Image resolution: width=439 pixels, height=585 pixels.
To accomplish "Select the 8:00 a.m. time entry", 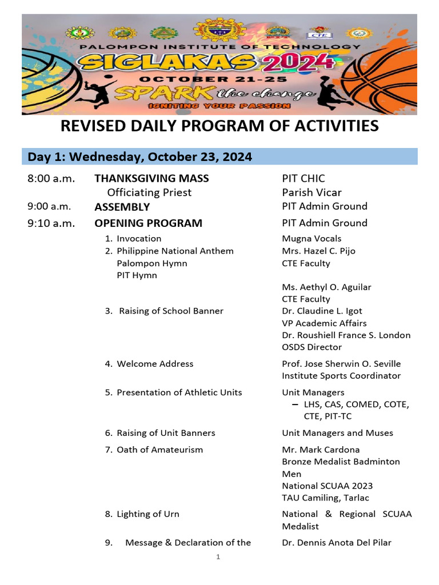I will (x=51, y=178).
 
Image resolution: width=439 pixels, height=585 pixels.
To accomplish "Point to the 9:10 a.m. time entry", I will (x=51, y=223).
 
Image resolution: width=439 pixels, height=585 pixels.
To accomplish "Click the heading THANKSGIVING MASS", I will (x=151, y=178).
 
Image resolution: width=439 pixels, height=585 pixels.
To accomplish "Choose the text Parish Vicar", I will (x=312, y=193).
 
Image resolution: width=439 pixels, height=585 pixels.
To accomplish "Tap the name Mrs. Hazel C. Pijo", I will (x=318, y=251).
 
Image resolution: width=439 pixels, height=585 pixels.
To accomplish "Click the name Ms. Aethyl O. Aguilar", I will (x=326, y=287).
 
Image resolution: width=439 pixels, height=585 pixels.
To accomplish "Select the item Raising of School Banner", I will (x=171, y=311).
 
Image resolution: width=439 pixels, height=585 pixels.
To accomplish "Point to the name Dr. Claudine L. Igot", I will (x=322, y=311).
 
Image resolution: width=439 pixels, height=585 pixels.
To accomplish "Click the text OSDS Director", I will (x=312, y=347).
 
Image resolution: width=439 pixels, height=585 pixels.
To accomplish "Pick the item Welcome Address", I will (x=155, y=363).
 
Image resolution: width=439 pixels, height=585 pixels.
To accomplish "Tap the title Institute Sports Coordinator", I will (x=341, y=375).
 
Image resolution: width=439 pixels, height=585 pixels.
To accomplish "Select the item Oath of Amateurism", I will (x=159, y=450).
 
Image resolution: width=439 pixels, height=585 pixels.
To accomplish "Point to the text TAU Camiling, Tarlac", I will (x=325, y=498).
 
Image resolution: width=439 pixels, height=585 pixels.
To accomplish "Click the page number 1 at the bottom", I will (x=218, y=557).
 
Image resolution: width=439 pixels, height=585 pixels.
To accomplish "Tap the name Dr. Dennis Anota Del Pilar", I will (x=337, y=542).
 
